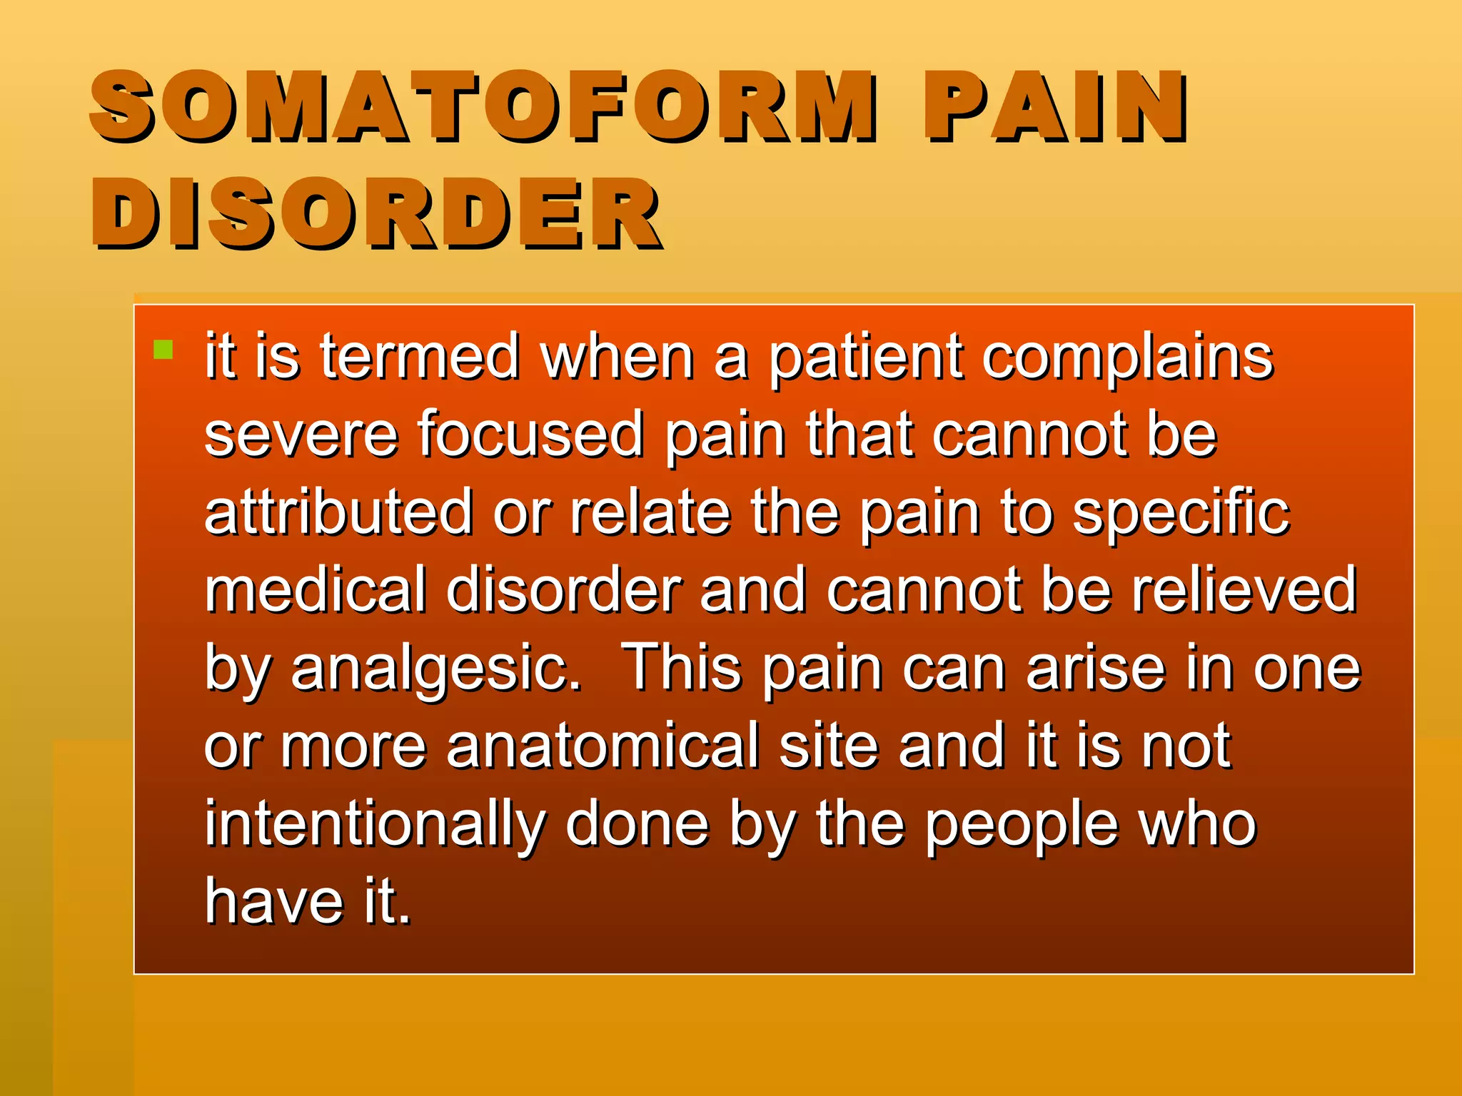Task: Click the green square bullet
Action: (163, 350)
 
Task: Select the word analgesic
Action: (435, 669)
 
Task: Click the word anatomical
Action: (603, 746)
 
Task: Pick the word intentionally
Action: (375, 824)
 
